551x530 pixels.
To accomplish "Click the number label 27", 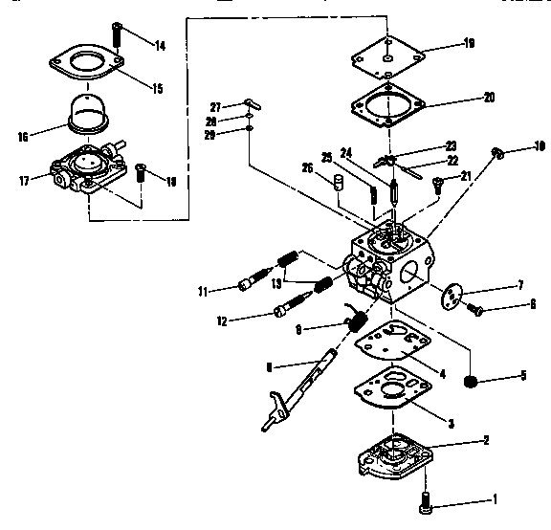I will coord(215,106).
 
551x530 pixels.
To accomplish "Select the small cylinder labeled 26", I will coord(337,182).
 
